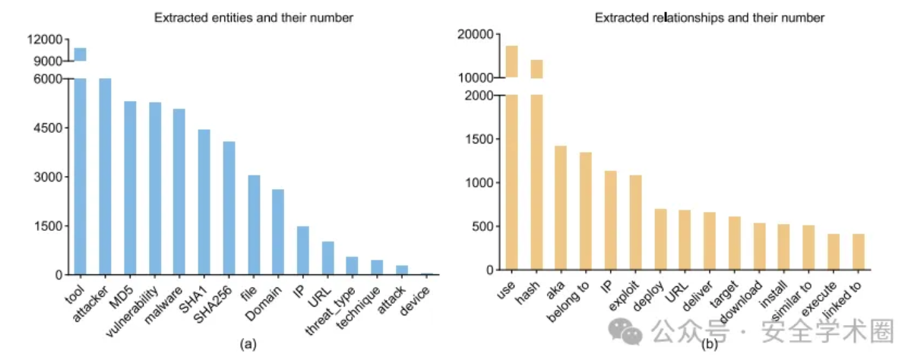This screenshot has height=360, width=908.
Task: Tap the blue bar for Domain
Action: [x=278, y=232]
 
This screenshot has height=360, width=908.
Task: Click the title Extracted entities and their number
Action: [x=253, y=17]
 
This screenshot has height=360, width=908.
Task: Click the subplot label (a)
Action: [x=247, y=344]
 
